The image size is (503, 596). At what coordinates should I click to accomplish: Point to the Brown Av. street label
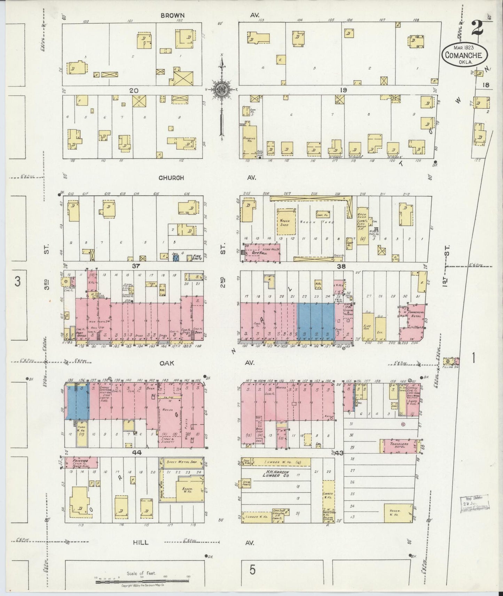pyautogui.click(x=173, y=16)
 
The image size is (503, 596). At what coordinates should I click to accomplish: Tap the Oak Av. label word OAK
pyautogui.click(x=167, y=363)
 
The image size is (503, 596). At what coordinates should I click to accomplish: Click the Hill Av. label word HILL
pyautogui.click(x=140, y=542)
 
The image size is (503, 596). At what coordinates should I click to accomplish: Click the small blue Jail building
pyautogui.click(x=175, y=258)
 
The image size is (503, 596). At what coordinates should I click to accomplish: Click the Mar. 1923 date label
pyautogui.click(x=465, y=46)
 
